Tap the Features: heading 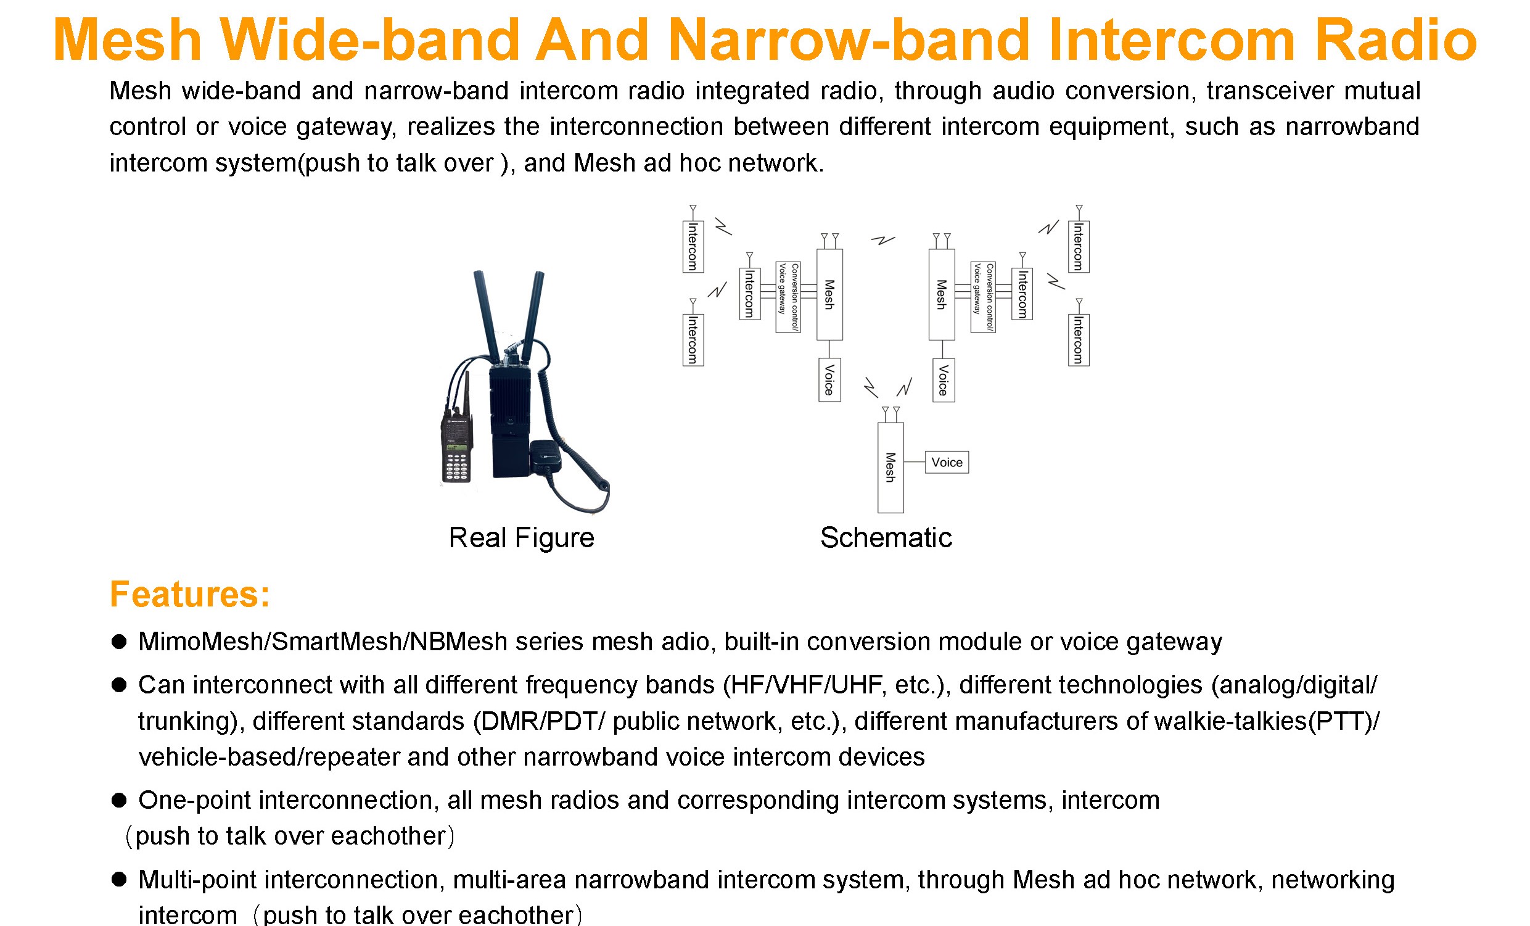click(190, 594)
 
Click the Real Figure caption click(521, 537)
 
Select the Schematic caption click(886, 537)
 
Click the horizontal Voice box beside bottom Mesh click(947, 462)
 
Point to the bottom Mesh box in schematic click(890, 468)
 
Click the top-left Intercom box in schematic click(693, 246)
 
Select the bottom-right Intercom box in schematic click(1078, 340)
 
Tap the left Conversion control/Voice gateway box click(788, 297)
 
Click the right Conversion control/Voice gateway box click(983, 297)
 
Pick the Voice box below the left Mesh click(829, 379)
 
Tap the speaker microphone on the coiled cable click(546, 457)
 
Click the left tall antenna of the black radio click(485, 316)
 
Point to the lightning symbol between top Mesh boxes click(882, 240)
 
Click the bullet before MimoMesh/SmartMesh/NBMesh click(118, 642)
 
